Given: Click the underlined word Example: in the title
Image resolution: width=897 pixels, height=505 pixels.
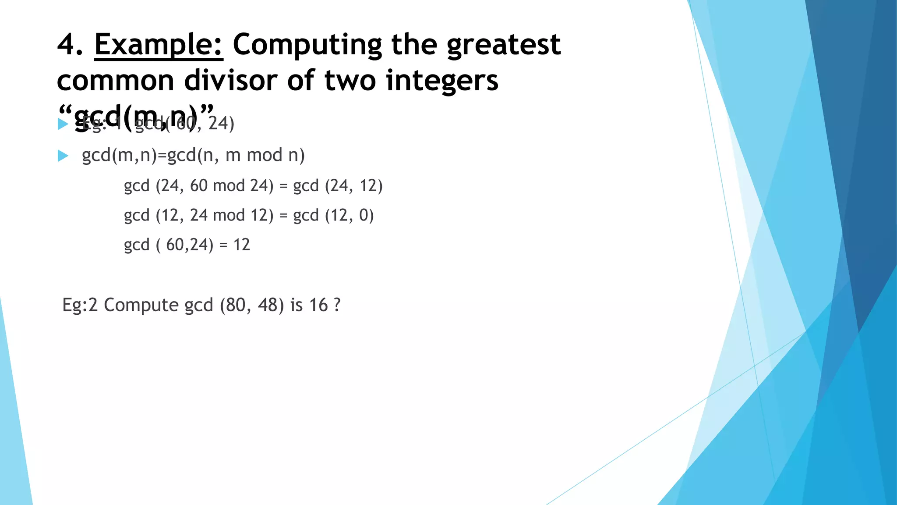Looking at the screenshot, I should [x=159, y=45].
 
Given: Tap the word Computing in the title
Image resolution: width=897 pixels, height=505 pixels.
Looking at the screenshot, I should [x=307, y=46].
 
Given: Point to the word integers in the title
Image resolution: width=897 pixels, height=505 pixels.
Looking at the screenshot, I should [x=442, y=82].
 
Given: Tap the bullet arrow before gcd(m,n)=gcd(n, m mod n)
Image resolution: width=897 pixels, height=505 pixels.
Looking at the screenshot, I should [x=63, y=156].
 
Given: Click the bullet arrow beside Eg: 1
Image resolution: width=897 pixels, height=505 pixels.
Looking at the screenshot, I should [x=63, y=124].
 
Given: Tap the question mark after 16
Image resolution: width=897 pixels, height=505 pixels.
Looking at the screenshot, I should [x=337, y=305].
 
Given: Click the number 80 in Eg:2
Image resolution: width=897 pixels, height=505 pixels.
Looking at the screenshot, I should [x=232, y=305].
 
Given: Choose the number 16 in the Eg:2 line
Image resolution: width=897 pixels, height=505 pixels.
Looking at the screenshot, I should [x=318, y=305].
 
